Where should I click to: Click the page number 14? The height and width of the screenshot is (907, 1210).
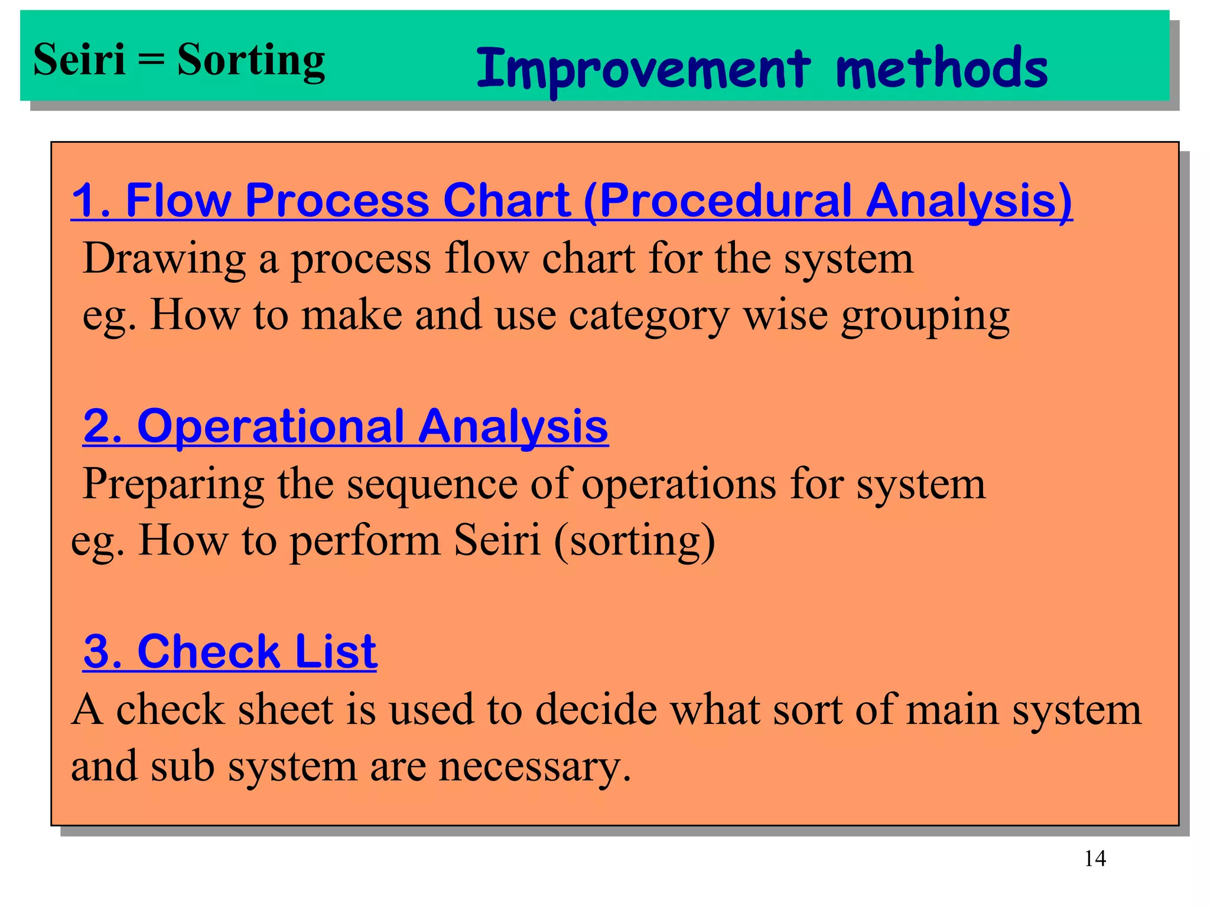click(1095, 858)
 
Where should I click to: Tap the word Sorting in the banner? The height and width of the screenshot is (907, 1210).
click(251, 61)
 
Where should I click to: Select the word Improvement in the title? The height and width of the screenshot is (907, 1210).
click(643, 69)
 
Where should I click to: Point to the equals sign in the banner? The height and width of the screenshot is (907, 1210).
click(151, 60)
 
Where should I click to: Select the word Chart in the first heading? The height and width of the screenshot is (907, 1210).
click(506, 201)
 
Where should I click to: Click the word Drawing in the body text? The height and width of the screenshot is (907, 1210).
click(164, 260)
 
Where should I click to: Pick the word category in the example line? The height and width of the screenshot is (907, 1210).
click(649, 316)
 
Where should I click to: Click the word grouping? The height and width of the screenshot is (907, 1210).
click(925, 316)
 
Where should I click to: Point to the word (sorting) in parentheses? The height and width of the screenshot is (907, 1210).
click(635, 540)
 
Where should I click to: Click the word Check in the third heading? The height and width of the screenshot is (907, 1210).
click(208, 652)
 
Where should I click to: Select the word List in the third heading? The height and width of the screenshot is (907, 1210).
click(336, 652)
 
